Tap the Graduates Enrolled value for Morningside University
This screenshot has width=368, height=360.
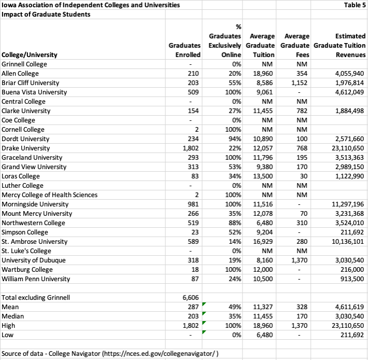[x=193, y=204]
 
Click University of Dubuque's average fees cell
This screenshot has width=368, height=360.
[x=300, y=260]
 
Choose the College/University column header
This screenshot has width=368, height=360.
[x=30, y=54]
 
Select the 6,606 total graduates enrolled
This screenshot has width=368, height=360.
[x=192, y=298]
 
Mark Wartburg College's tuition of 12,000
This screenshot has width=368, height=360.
[x=264, y=270]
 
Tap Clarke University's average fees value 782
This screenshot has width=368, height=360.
[x=303, y=111]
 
